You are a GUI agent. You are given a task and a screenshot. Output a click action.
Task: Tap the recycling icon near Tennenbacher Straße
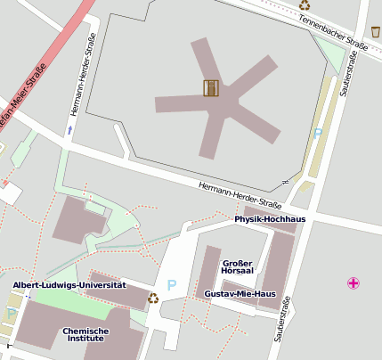pyautogui.click(x=305, y=5)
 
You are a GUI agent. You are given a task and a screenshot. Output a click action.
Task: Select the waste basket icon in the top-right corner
pyautogui.click(x=376, y=32)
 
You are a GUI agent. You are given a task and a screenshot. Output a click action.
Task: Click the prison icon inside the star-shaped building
pyautogui.click(x=211, y=87)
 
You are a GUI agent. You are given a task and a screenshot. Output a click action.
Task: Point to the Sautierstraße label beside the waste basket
pyautogui.click(x=350, y=74)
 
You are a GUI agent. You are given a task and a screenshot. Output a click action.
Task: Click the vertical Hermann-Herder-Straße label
pyautogui.click(x=80, y=76)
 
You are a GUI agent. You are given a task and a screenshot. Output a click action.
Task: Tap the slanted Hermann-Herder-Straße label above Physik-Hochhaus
pyautogui.click(x=233, y=190)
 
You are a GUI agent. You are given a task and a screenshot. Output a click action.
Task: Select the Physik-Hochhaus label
pyautogui.click(x=270, y=218)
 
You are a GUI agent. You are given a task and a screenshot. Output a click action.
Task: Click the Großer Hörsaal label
pyautogui.click(x=238, y=266)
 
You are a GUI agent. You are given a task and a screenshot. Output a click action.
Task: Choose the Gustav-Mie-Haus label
pyautogui.click(x=240, y=293)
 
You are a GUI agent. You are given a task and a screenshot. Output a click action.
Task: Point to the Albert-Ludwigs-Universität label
pyautogui.click(x=69, y=285)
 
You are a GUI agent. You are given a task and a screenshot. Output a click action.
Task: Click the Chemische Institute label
pyautogui.click(x=85, y=335)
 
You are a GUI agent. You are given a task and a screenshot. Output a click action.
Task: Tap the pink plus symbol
pyautogui.click(x=354, y=283)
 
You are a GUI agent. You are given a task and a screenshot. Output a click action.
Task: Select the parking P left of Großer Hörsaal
pyautogui.click(x=172, y=285)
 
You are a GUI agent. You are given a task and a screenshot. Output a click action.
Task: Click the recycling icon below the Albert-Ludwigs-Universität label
pyautogui.click(x=152, y=299)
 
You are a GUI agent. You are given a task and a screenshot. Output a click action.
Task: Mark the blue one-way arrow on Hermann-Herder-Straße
pyautogui.click(x=69, y=130)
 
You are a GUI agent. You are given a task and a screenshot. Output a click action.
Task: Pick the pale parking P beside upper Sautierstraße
pyautogui.click(x=318, y=134)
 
